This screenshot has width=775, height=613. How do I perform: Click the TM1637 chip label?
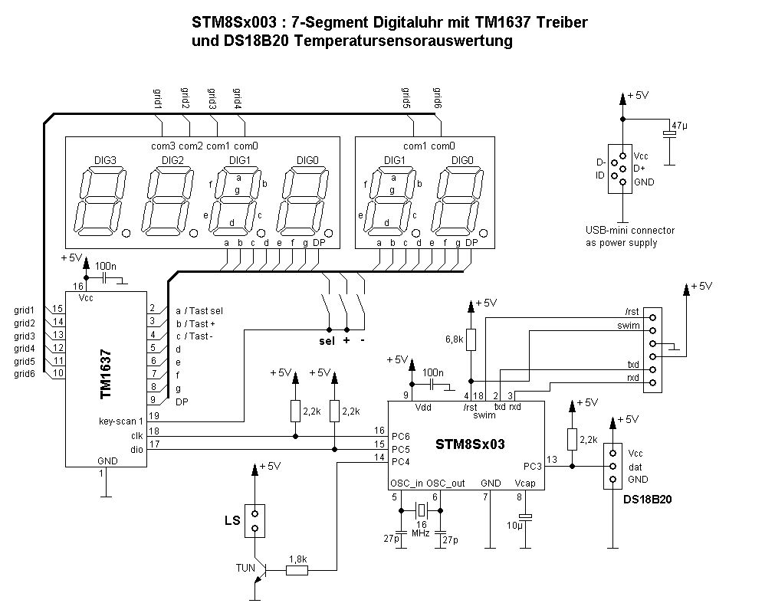[x=106, y=374]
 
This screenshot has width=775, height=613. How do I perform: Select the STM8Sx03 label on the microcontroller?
[x=470, y=444]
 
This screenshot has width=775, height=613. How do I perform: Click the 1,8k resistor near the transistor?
[x=297, y=559]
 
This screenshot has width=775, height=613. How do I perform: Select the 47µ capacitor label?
[x=678, y=124]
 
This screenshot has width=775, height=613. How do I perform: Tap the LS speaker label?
[x=232, y=521]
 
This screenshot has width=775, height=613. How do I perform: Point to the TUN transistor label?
[x=246, y=568]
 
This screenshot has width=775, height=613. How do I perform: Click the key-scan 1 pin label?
[x=121, y=421]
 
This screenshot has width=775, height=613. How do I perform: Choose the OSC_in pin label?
[x=406, y=484]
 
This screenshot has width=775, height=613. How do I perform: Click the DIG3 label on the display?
[x=105, y=160]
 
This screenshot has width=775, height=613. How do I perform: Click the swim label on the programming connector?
[x=629, y=326]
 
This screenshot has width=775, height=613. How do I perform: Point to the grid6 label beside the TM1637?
[x=25, y=374]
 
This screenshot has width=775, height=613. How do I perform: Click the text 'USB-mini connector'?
[x=629, y=230]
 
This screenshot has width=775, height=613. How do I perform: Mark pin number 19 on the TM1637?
[x=154, y=415]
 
